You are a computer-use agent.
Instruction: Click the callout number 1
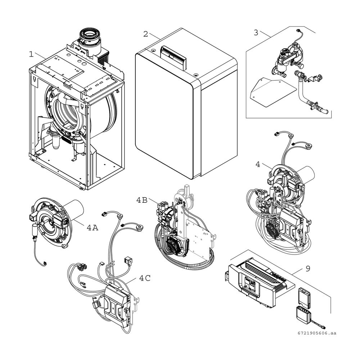tap(31, 54)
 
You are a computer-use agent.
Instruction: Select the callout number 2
tap(145, 34)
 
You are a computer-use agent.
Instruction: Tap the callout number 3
tap(256, 33)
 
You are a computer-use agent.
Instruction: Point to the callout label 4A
tap(92, 228)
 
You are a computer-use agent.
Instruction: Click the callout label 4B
tap(142, 200)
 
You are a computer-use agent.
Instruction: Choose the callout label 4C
tap(145, 278)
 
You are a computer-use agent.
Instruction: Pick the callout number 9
tap(308, 269)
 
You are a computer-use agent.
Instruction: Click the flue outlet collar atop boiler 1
tap(90, 39)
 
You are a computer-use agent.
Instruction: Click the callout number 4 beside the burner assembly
tap(258, 165)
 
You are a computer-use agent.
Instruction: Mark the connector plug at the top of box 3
tap(298, 31)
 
